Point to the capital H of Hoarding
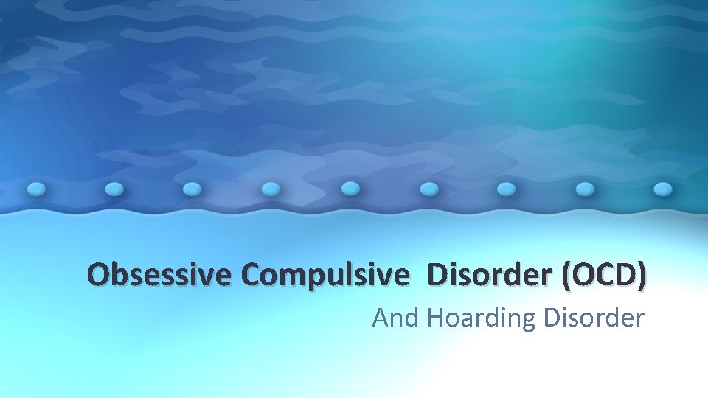pyautogui.click(x=436, y=318)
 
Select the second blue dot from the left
pyautogui.click(x=114, y=189)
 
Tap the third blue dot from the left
pyautogui.click(x=192, y=189)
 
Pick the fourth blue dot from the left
pyautogui.click(x=271, y=189)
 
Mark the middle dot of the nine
pyautogui.click(x=350, y=189)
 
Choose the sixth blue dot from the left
pyautogui.click(x=428, y=189)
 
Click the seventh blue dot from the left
pyautogui.click(x=507, y=189)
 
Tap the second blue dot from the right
pyautogui.click(x=585, y=189)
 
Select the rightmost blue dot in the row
pyautogui.click(x=663, y=189)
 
